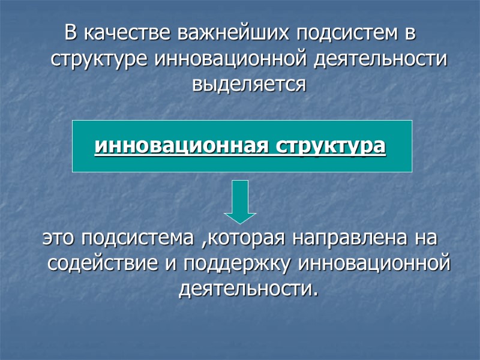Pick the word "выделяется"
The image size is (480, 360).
point(248,85)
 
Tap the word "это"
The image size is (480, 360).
point(59,239)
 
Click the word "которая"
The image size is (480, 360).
point(246,239)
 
